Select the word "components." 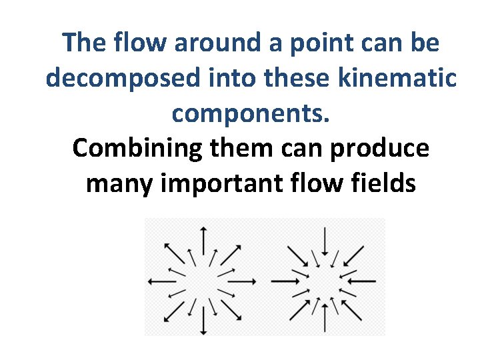[251, 113]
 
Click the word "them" [244, 148]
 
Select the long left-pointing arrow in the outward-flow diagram [161, 281]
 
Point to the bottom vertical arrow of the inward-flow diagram [324, 320]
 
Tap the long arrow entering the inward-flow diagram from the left [285, 281]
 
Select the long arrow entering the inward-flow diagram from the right [363, 281]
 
